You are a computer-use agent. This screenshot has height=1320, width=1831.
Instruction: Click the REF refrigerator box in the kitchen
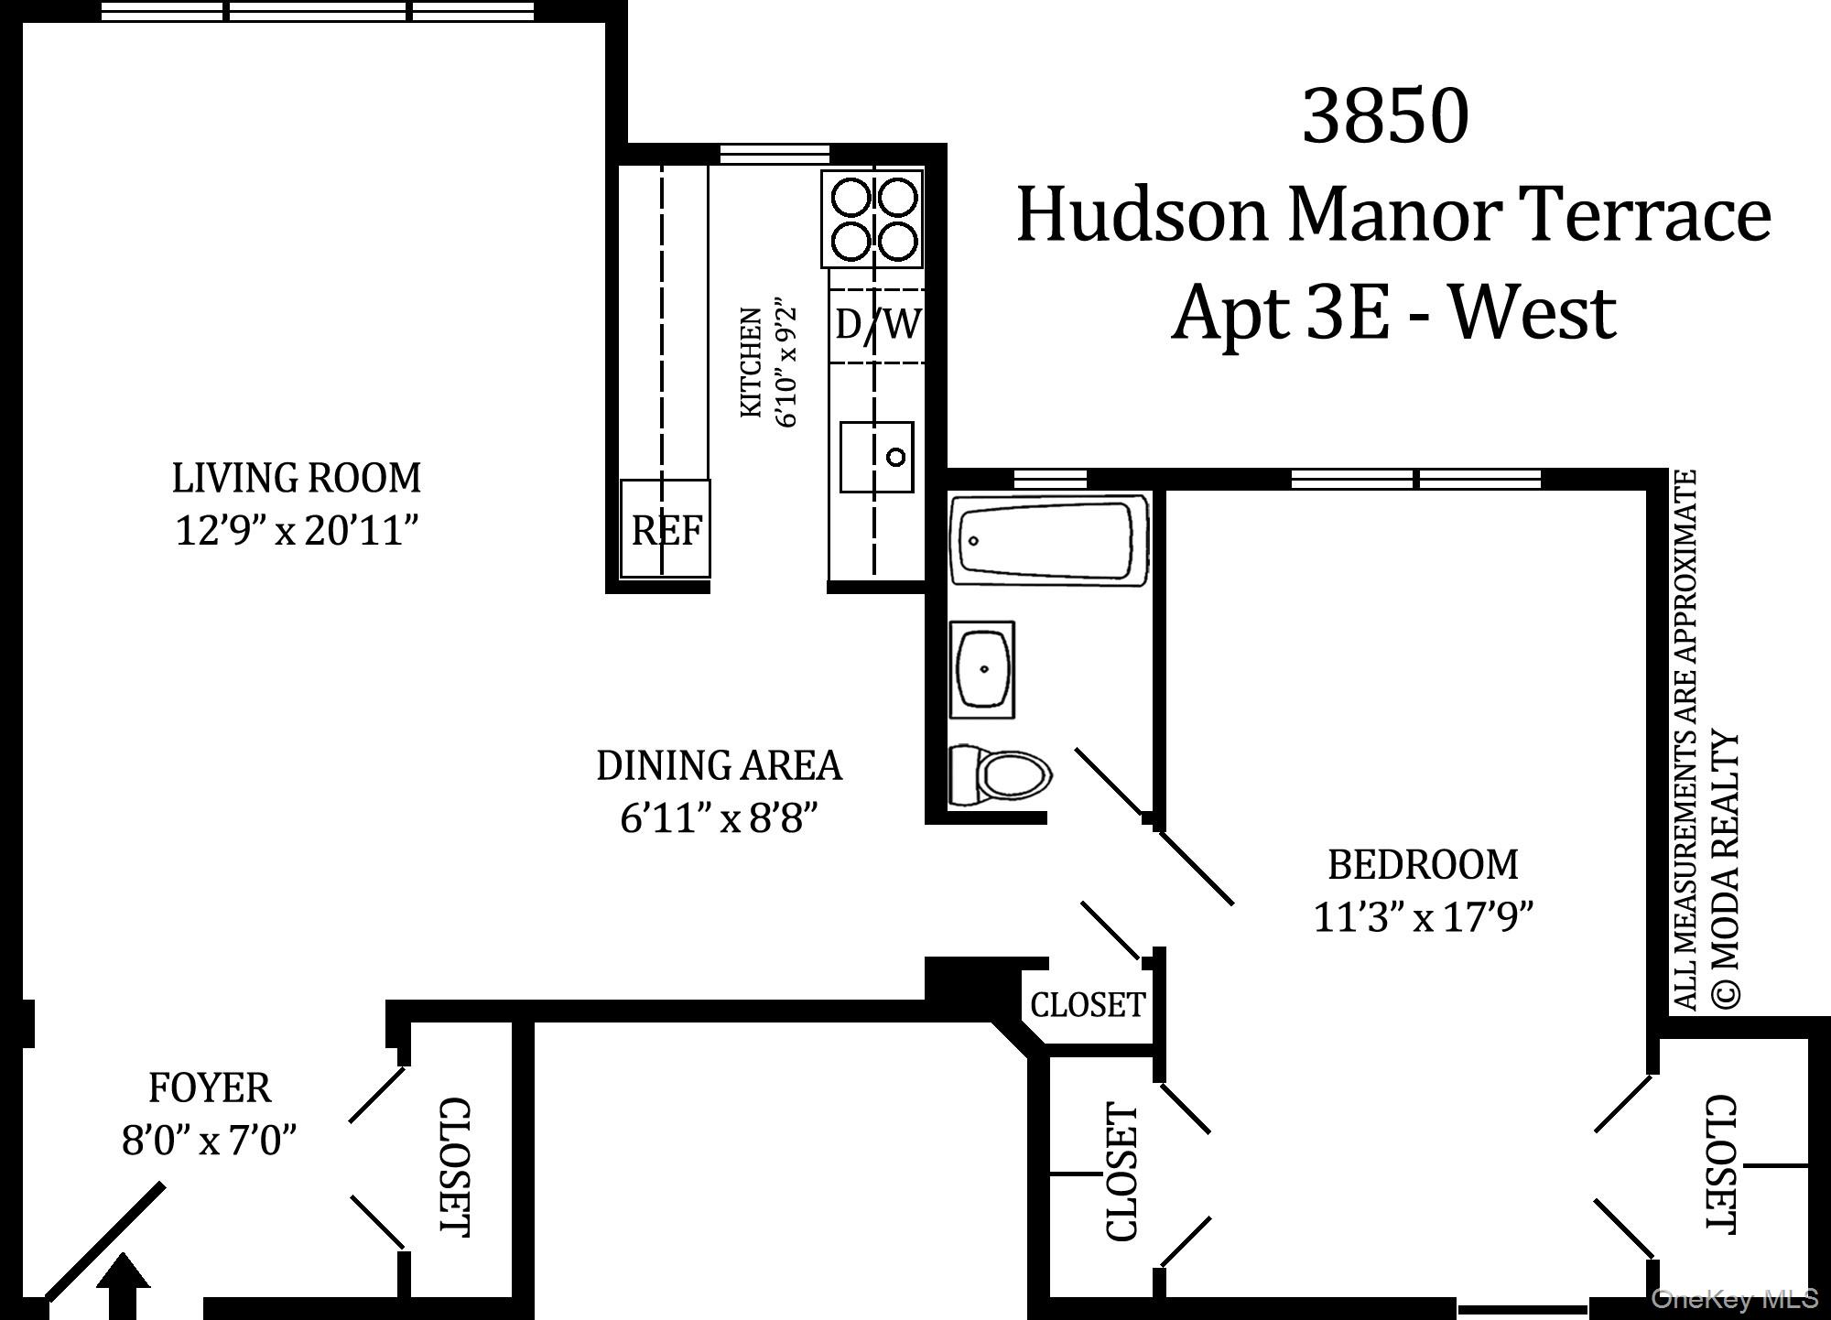[666, 528]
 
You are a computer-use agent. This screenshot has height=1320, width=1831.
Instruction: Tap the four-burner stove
[872, 218]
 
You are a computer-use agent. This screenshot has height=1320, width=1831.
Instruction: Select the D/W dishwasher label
[877, 324]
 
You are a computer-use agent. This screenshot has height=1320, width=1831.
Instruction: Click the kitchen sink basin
[877, 457]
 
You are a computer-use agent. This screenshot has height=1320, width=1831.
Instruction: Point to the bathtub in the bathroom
[1049, 539]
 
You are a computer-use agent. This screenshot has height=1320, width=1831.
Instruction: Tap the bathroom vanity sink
[983, 669]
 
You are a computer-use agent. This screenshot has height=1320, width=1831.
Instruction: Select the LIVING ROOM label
[297, 478]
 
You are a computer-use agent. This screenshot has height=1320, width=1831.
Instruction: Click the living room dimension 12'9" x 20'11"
[297, 530]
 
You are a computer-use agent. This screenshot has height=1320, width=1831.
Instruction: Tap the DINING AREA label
[719, 765]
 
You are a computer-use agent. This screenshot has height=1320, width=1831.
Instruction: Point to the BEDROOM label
[1423, 864]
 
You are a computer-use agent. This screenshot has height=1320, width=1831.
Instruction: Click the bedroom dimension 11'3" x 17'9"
[1423, 916]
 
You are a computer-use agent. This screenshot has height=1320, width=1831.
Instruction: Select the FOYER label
[210, 1088]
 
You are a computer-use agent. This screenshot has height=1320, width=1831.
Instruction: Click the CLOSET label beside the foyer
[454, 1167]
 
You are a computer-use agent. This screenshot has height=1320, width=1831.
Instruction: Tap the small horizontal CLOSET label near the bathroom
[1088, 1005]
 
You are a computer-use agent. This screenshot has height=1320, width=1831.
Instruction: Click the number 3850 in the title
[1385, 116]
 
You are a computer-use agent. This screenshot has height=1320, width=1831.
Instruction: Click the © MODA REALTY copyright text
[1724, 870]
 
